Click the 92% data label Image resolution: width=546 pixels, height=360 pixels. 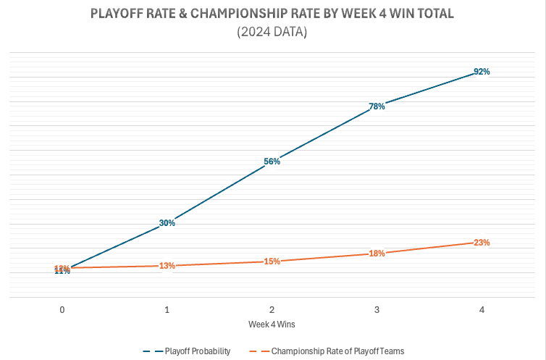point(482,72)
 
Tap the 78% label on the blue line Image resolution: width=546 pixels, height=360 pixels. point(377,106)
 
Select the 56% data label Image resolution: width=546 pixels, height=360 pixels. point(272,162)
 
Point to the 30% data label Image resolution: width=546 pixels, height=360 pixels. point(167,223)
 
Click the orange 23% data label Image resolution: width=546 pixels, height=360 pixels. point(482,243)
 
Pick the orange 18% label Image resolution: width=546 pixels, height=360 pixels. point(377,254)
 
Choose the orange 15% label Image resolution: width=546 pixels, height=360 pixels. point(272,261)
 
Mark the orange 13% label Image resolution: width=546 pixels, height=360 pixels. point(167,266)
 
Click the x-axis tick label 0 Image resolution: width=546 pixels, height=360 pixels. point(62,309)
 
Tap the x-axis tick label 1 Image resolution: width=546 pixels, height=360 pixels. point(167,309)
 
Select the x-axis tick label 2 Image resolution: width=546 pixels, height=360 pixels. point(272,309)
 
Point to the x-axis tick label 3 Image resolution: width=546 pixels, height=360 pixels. point(377,309)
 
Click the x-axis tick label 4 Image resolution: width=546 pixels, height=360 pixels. point(482,309)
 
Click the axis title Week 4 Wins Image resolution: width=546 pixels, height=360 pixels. point(272,323)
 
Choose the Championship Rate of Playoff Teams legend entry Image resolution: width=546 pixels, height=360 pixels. point(337,351)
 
